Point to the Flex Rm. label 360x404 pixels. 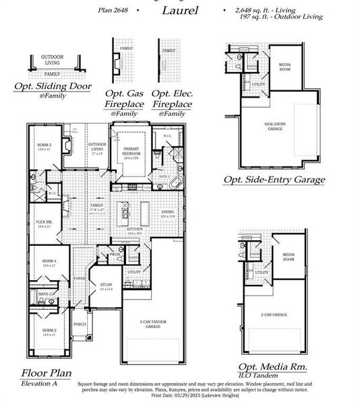click(x=44, y=221)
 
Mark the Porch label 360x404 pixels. click(x=80, y=323)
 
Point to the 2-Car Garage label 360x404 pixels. click(x=276, y=315)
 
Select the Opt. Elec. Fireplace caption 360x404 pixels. click(x=171, y=99)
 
